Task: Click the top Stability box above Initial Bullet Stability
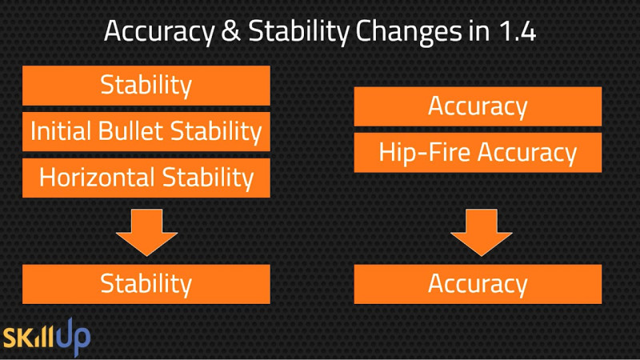[x=146, y=86]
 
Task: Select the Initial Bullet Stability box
[x=146, y=131]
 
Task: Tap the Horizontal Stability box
[x=146, y=178]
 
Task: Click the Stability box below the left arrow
[x=146, y=284]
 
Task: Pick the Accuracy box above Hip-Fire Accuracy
[x=478, y=106]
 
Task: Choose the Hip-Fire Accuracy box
[x=478, y=152]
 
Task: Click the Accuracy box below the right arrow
[x=478, y=284]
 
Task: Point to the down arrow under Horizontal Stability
[x=147, y=232]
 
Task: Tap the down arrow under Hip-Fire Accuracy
[x=482, y=232]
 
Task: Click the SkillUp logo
[x=46, y=337]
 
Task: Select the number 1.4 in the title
[x=518, y=31]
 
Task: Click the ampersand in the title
[x=231, y=31]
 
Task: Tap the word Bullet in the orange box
[x=130, y=131]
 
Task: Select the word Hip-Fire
[x=425, y=152]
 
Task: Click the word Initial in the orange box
[x=61, y=131]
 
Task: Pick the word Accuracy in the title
[x=159, y=33]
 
